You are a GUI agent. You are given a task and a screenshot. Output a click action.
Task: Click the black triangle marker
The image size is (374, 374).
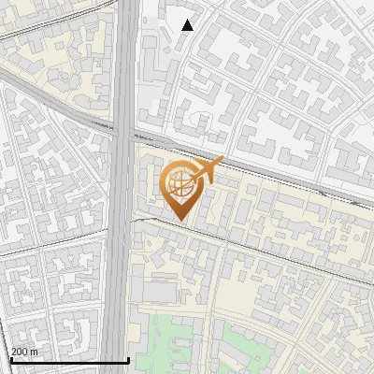tap(188, 25)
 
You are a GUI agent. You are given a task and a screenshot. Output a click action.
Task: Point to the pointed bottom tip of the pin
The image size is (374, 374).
tap(180, 221)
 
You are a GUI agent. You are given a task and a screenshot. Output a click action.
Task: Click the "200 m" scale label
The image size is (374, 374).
tap(24, 352)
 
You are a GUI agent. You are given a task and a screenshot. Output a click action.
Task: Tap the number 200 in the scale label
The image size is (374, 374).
tap(20, 352)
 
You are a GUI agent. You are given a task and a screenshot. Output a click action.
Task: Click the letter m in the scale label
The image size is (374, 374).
tap(35, 352)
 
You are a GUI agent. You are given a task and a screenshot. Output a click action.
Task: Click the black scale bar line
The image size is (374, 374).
tap(70, 361)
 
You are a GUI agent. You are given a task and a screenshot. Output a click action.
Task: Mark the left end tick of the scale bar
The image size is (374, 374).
tap(11, 359)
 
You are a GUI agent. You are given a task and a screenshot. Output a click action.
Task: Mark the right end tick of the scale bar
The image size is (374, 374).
tap(128, 359)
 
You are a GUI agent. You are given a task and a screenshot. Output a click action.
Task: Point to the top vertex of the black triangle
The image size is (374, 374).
tap(188, 19)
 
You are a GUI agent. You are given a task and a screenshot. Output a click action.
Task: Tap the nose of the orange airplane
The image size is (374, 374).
tap(223, 161)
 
